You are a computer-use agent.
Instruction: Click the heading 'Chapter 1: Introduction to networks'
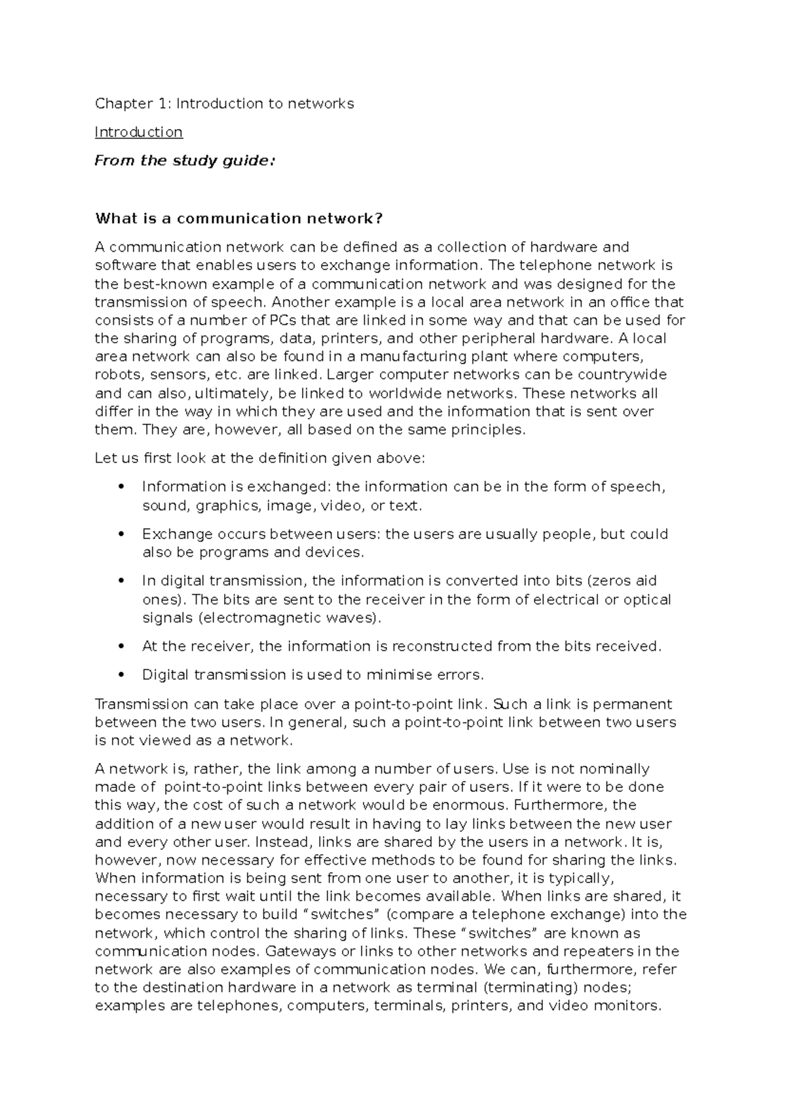point(224,104)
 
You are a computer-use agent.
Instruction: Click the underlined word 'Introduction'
point(138,132)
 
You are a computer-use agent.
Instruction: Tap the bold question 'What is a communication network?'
point(238,218)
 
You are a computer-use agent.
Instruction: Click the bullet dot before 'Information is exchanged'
point(119,487)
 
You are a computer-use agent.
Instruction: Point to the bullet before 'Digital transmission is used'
point(119,675)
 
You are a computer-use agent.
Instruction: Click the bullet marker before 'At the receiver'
point(119,647)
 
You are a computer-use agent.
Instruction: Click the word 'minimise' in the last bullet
point(398,675)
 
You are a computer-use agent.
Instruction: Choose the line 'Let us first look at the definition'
point(260,459)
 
